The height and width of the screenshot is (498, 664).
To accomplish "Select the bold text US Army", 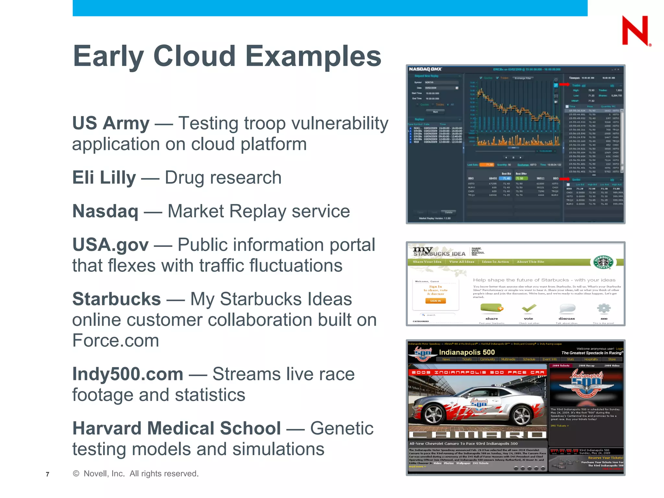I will [111, 124].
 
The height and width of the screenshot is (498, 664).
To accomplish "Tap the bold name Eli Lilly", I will [104, 178].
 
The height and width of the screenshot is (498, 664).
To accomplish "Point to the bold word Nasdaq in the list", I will [105, 211].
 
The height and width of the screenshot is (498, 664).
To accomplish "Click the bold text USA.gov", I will [110, 245].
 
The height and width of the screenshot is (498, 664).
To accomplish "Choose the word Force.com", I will [116, 340].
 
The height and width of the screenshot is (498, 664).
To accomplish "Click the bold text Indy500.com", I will [128, 374].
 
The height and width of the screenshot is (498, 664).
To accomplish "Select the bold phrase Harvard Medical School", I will [177, 428].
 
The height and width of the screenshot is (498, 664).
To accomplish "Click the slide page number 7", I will [48, 474].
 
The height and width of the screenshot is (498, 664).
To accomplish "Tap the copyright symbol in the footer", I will [76, 474].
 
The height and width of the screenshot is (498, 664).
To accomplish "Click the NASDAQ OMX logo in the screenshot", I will [425, 69].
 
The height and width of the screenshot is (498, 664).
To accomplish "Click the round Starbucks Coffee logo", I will [603, 262].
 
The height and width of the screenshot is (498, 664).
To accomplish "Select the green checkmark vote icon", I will [529, 308].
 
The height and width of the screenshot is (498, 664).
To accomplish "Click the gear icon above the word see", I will [604, 308].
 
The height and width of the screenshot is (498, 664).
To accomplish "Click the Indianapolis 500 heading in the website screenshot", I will [467, 352].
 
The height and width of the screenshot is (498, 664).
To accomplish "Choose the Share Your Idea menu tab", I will [427, 262].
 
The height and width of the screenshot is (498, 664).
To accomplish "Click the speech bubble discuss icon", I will [567, 308].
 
